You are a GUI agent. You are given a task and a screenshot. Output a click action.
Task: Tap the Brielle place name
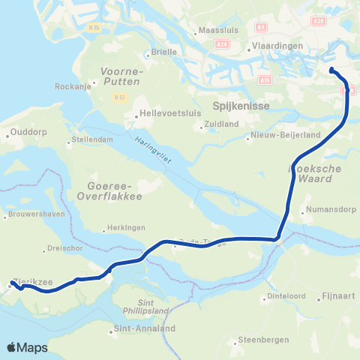164,52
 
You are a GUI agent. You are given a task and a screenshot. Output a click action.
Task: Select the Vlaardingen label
277,46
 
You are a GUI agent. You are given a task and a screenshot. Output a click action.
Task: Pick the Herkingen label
127,230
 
